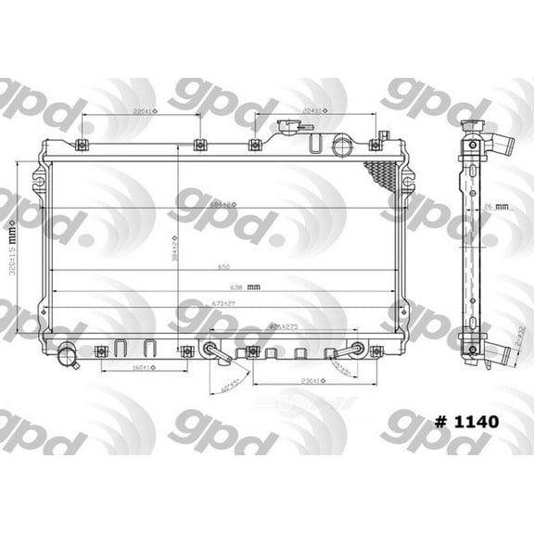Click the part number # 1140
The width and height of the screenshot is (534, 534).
tap(466, 422)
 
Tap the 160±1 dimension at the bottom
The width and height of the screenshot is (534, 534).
tap(142, 368)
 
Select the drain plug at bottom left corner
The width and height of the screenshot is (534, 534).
tap(66, 355)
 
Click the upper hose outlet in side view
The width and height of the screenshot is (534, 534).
tap(499, 146)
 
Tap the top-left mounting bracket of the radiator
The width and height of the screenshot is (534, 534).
tap(81, 144)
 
